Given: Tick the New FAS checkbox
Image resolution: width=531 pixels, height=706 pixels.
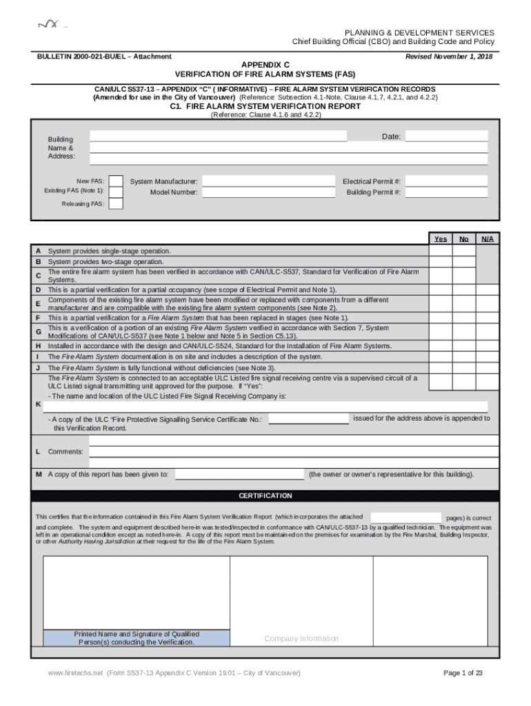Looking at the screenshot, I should tap(117, 181).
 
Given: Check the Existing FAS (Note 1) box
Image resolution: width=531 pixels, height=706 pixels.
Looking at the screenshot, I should tap(117, 191).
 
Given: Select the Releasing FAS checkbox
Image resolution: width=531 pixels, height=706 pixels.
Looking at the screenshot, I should tap(117, 203).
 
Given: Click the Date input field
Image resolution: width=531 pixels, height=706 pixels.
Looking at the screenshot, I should tap(446, 137).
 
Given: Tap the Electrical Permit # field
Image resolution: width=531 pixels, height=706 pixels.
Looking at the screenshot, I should tap(446, 181).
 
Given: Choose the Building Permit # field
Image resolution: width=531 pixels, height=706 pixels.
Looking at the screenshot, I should tap(446, 192).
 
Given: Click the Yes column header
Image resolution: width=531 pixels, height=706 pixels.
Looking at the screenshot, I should tap(440, 239).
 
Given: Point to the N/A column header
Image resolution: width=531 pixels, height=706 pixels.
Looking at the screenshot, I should tap(487, 239).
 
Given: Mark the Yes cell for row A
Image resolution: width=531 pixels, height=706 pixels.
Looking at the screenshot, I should tap(440, 252).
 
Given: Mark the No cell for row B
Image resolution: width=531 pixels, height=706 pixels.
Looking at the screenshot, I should tap(463, 262).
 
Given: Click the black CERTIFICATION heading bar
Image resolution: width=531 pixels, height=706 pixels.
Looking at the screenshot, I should tap(265, 496).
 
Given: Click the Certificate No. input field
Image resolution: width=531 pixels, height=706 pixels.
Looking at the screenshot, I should tap(308, 419).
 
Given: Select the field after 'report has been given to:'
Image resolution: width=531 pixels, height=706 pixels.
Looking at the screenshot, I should tap(239, 474).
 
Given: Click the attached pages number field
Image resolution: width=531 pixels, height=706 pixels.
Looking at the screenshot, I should tap(405, 517).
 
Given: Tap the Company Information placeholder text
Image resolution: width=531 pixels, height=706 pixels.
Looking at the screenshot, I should tap(301, 638).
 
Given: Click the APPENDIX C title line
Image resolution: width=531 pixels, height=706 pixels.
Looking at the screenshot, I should tap(265, 62).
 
